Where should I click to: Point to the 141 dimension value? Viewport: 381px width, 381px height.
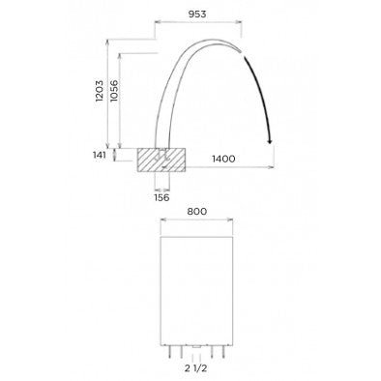[101, 153]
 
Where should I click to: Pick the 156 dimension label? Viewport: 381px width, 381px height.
[161, 197]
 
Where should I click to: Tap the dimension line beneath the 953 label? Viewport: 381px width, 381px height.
[195, 26]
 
